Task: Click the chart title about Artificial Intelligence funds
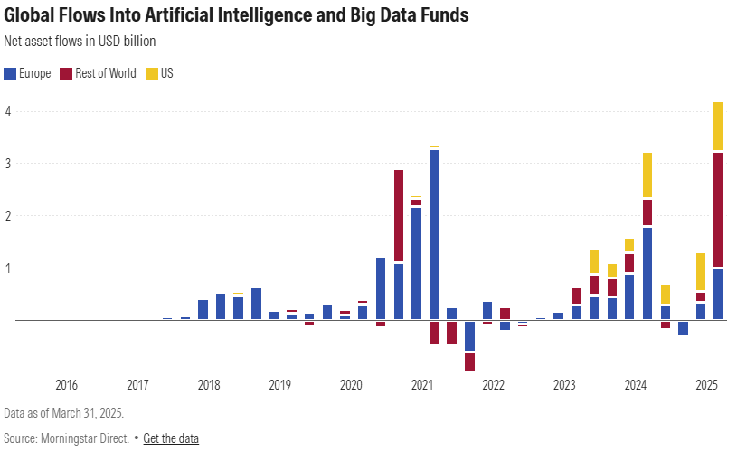(236, 16)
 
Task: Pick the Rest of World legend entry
(98, 73)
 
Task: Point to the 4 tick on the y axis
(7, 111)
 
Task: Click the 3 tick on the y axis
(7, 164)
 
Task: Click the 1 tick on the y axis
(7, 268)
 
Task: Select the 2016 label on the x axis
(66, 385)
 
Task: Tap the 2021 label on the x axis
(422, 385)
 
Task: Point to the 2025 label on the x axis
(707, 385)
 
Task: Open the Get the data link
(171, 438)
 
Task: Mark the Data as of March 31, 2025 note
(63, 412)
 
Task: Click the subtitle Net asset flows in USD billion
(80, 41)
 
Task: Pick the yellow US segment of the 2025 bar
(719, 126)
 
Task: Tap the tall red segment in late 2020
(399, 215)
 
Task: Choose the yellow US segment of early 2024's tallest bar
(647, 174)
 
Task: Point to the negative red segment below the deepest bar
(469, 361)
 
